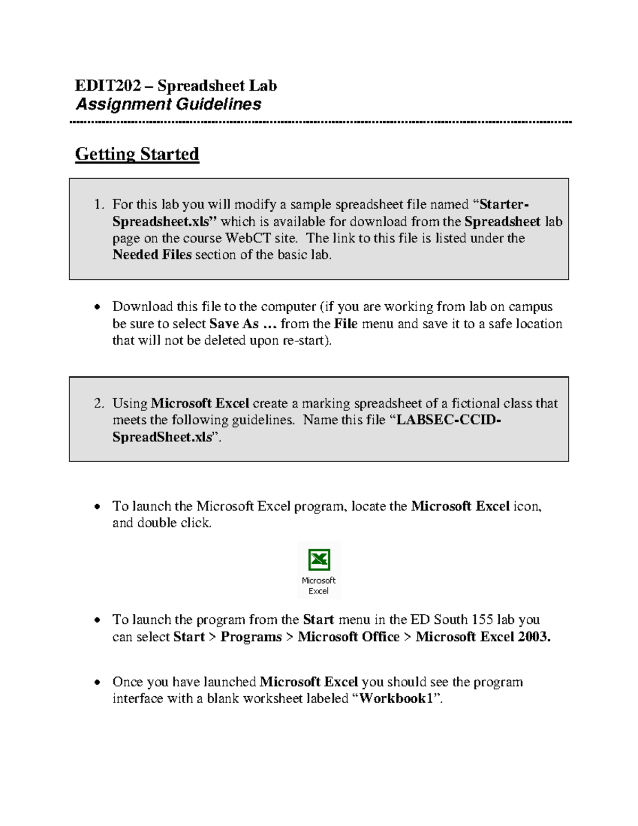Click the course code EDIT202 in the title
click(x=108, y=86)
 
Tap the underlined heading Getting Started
click(x=137, y=154)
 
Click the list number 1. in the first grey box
click(x=99, y=205)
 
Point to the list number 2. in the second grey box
click(x=99, y=404)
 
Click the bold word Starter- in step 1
click(x=504, y=205)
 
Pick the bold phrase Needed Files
click(x=152, y=255)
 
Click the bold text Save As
click(x=234, y=324)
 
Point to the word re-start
click(x=304, y=340)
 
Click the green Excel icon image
click(x=319, y=560)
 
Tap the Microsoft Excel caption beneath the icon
click(x=318, y=586)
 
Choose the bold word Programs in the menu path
click(x=251, y=637)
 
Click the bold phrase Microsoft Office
click(x=348, y=637)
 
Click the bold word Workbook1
click(x=397, y=699)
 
